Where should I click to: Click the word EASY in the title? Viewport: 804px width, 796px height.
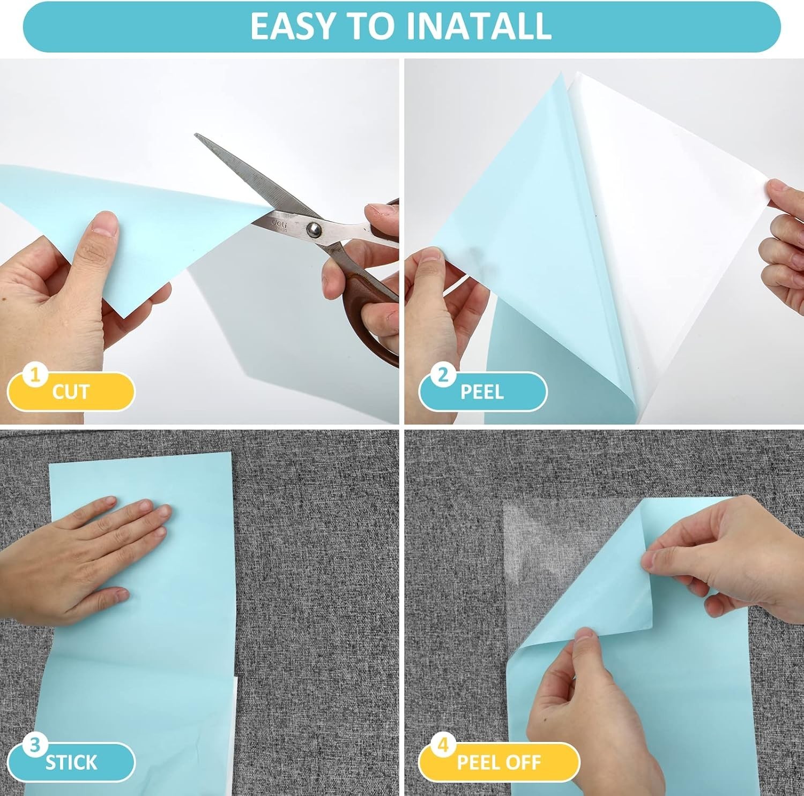pyautogui.click(x=294, y=26)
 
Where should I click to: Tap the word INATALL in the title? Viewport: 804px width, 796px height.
pyautogui.click(x=479, y=26)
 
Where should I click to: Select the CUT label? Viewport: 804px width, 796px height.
pyautogui.click(x=70, y=392)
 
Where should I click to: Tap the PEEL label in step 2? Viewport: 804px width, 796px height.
pyautogui.click(x=482, y=392)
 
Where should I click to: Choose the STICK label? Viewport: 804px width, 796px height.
pyautogui.click(x=71, y=762)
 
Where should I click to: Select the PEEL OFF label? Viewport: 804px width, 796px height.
pyautogui.click(x=498, y=762)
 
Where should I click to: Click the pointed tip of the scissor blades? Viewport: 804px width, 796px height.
pyautogui.click(x=196, y=136)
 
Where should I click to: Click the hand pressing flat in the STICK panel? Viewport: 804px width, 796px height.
pyautogui.click(x=80, y=557)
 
